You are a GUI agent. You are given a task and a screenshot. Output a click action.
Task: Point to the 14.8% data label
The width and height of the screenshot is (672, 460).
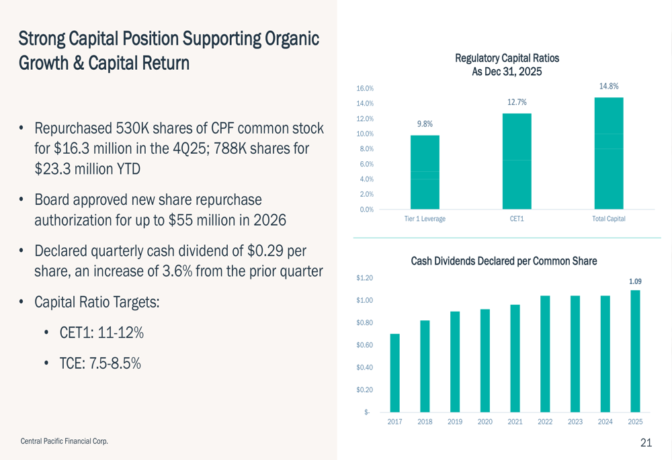click(609, 86)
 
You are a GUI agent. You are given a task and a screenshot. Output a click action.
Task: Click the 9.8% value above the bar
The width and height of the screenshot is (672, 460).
click(425, 124)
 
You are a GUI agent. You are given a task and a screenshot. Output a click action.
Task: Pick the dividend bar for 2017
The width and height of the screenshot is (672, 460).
click(394, 373)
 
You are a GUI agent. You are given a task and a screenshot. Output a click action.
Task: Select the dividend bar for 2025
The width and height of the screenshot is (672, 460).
click(635, 351)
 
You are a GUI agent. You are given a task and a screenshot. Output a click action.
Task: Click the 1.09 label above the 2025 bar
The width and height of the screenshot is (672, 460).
click(635, 281)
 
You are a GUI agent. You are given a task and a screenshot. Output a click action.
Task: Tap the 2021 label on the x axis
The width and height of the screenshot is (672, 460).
click(515, 422)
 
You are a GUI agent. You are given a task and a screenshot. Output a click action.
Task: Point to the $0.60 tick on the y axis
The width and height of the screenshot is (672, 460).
click(364, 345)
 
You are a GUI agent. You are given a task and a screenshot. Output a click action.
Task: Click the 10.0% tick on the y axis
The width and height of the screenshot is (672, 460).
click(365, 134)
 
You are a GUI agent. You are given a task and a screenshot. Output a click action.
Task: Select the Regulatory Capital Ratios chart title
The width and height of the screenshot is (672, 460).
click(507, 64)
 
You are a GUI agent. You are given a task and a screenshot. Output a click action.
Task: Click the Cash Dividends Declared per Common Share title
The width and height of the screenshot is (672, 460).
click(503, 261)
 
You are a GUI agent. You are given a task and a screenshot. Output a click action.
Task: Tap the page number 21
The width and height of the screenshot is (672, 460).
click(646, 443)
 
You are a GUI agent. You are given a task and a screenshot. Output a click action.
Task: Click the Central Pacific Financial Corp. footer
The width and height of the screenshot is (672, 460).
click(65, 441)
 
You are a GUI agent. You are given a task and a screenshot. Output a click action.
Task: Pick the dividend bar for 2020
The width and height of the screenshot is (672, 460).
click(485, 361)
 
